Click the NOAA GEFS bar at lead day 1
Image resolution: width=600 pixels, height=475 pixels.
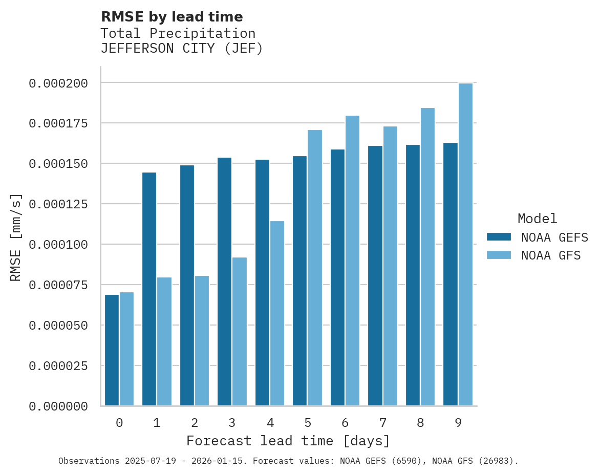pos(149,289)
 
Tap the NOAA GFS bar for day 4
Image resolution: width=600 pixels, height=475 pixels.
pos(277,313)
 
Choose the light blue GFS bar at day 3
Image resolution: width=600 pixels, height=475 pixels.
pos(240,331)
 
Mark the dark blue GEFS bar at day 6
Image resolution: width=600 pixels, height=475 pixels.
pos(337,277)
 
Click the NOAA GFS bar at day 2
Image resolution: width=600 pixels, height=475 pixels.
pos(202,340)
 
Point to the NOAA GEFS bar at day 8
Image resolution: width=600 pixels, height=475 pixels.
pos(413,275)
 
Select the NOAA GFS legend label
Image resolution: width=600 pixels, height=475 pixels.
pos(551,255)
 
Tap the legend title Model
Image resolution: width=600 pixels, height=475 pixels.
pos(537,219)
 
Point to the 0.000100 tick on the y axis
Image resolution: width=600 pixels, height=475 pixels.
pos(58,245)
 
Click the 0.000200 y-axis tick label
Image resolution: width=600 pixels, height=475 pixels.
pos(58,83)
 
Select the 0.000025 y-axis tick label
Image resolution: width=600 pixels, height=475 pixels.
pos(58,366)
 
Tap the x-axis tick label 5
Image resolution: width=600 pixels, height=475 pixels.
pos(307,423)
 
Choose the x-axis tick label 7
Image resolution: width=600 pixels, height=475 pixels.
pos(382,423)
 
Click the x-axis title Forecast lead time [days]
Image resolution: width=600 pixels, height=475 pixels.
pos(288,441)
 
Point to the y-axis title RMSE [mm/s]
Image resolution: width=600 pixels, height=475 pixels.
pos(16,237)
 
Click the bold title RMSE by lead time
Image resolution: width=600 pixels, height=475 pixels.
pos(172,17)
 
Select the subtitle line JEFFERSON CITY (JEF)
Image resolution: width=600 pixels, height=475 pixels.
pos(181,49)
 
